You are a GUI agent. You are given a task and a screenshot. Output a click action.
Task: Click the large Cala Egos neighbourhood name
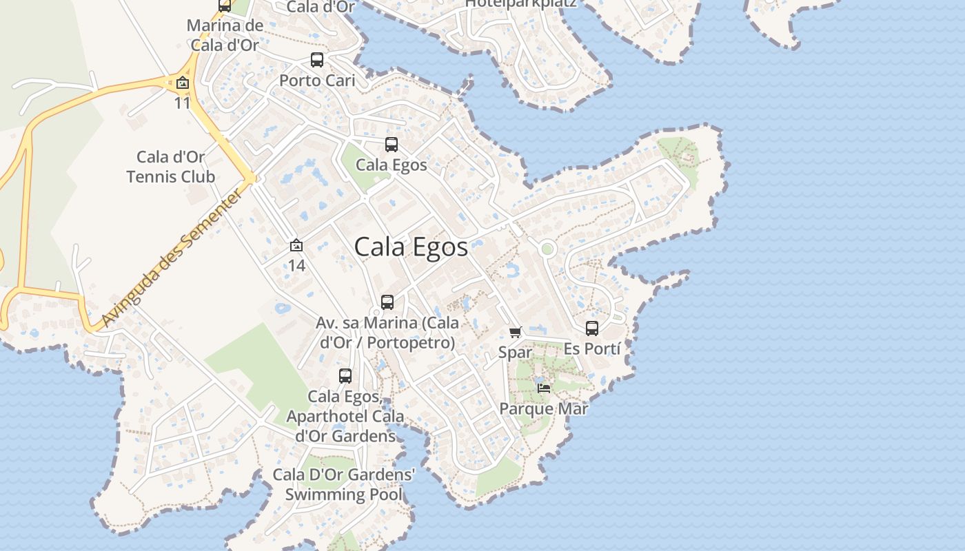coord(411,247)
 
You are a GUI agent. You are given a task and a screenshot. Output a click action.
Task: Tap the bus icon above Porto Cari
coord(317,60)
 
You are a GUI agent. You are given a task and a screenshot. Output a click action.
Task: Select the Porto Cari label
coord(317,81)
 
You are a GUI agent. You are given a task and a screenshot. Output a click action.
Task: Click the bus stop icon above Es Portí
coord(592,329)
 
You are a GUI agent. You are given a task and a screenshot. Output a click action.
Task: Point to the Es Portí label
coord(592,349)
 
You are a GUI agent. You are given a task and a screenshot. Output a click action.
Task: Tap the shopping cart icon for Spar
coord(516,332)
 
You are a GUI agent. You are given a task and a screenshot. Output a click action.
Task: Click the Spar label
coord(516,353)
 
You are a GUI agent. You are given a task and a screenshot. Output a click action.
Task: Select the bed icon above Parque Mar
coord(544,388)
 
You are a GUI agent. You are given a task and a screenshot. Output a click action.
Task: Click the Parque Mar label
coord(544,409)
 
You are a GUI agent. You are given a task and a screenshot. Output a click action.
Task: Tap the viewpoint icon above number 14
coord(296,245)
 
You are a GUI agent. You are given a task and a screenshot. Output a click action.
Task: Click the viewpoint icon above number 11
coord(182,83)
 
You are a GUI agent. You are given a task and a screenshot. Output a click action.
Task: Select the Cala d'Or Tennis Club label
coord(171,167)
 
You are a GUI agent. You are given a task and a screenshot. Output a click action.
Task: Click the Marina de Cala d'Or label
coord(225,36)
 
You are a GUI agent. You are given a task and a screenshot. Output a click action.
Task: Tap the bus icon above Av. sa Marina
coord(387,302)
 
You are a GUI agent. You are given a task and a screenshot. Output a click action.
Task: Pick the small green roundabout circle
coord(547,249)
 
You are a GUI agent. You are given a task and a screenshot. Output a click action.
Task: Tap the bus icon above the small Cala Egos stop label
coord(392,145)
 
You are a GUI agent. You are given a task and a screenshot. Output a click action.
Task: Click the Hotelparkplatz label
coord(520,3)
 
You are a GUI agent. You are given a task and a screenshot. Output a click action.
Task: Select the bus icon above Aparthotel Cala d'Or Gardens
coord(345,376)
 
